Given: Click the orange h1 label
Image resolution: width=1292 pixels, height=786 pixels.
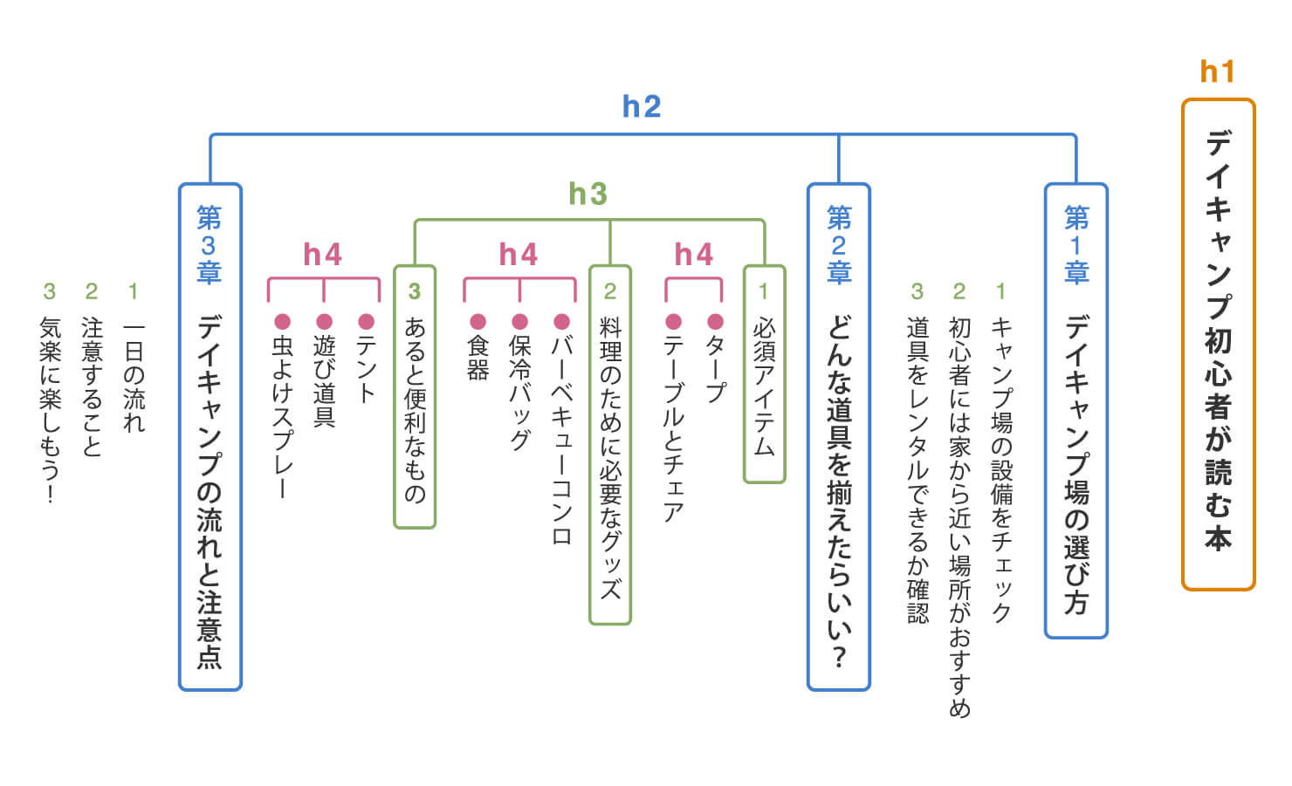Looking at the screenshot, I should coord(1217,72).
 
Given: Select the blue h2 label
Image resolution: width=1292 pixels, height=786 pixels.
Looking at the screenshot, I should coord(642,106).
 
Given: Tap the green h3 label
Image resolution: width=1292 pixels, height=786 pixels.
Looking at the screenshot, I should coord(588,194).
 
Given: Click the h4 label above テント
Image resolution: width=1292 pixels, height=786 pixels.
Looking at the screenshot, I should coord(323,255).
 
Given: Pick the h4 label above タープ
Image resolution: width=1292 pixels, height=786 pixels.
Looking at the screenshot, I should coord(694,255).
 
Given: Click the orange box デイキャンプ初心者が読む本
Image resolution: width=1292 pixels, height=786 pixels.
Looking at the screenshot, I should coord(1218,345).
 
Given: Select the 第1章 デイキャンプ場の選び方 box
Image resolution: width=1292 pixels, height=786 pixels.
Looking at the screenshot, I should coord(1076,410).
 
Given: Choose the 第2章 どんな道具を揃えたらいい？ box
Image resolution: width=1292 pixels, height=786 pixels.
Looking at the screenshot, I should coord(838,436).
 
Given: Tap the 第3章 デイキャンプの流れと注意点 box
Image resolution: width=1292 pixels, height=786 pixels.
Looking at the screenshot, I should coord(210,436).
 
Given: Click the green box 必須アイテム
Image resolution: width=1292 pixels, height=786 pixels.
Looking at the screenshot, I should coord(764,374).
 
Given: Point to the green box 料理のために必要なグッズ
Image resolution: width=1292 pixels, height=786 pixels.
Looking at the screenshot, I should coord(609,445).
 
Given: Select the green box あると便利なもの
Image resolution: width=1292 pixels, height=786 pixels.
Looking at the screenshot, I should coord(415,397).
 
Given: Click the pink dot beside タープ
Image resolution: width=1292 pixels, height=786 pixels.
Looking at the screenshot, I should coord(716,322).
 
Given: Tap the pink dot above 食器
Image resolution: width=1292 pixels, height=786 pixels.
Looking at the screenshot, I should coord(478,322).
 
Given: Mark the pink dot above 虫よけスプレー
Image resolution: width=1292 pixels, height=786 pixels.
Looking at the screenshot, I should coord(282,322).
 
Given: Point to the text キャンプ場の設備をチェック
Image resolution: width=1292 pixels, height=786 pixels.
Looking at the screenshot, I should coord(1000,471).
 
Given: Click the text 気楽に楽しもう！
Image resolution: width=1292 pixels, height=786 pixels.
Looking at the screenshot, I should coord(50,410).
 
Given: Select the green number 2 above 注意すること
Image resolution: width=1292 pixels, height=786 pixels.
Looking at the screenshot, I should coord(91,291).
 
